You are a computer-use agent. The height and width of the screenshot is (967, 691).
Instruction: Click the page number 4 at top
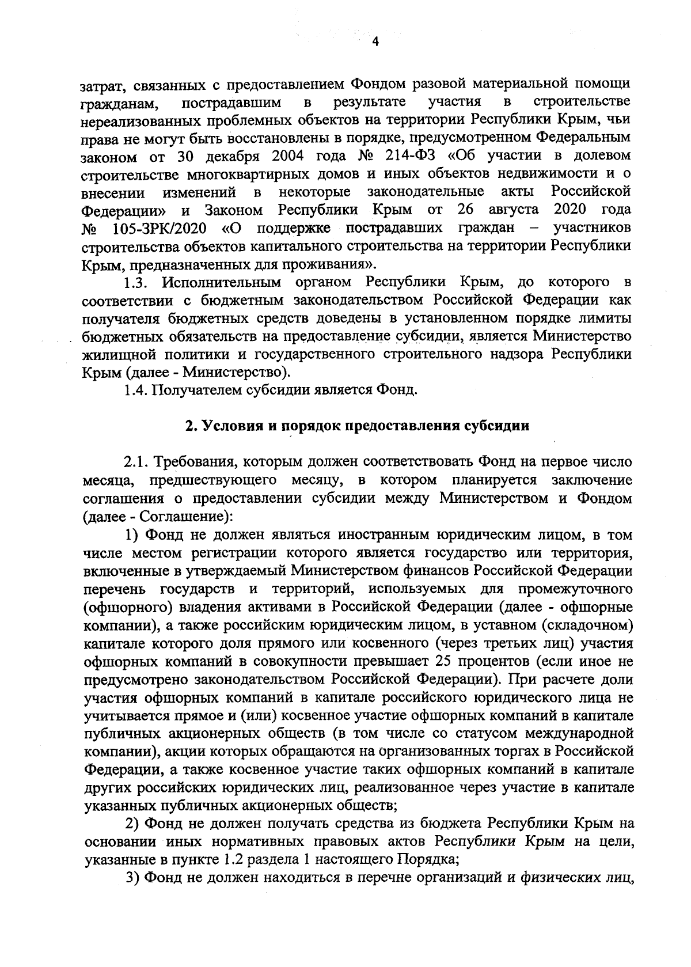coord(375,42)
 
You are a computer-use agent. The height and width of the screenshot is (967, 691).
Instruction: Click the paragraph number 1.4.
coord(136,390)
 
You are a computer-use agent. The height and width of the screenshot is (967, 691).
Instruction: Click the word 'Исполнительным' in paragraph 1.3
coord(222,282)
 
